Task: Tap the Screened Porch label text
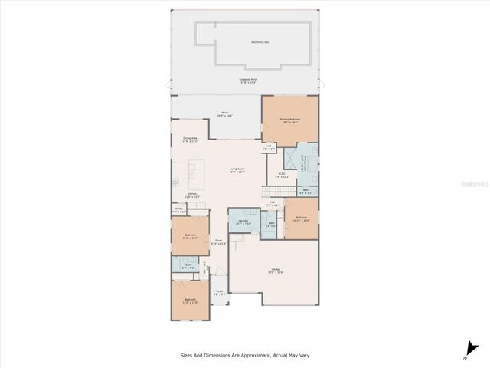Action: point(245,79)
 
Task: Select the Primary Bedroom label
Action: point(289,121)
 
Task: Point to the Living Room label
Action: point(237,170)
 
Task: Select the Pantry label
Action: point(178,210)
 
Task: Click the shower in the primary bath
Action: point(290,158)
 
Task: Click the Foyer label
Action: point(218,241)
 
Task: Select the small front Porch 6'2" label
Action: point(218,293)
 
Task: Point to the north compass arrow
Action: point(465,350)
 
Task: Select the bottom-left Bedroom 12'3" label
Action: point(189,301)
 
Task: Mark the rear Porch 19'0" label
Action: point(225,113)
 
